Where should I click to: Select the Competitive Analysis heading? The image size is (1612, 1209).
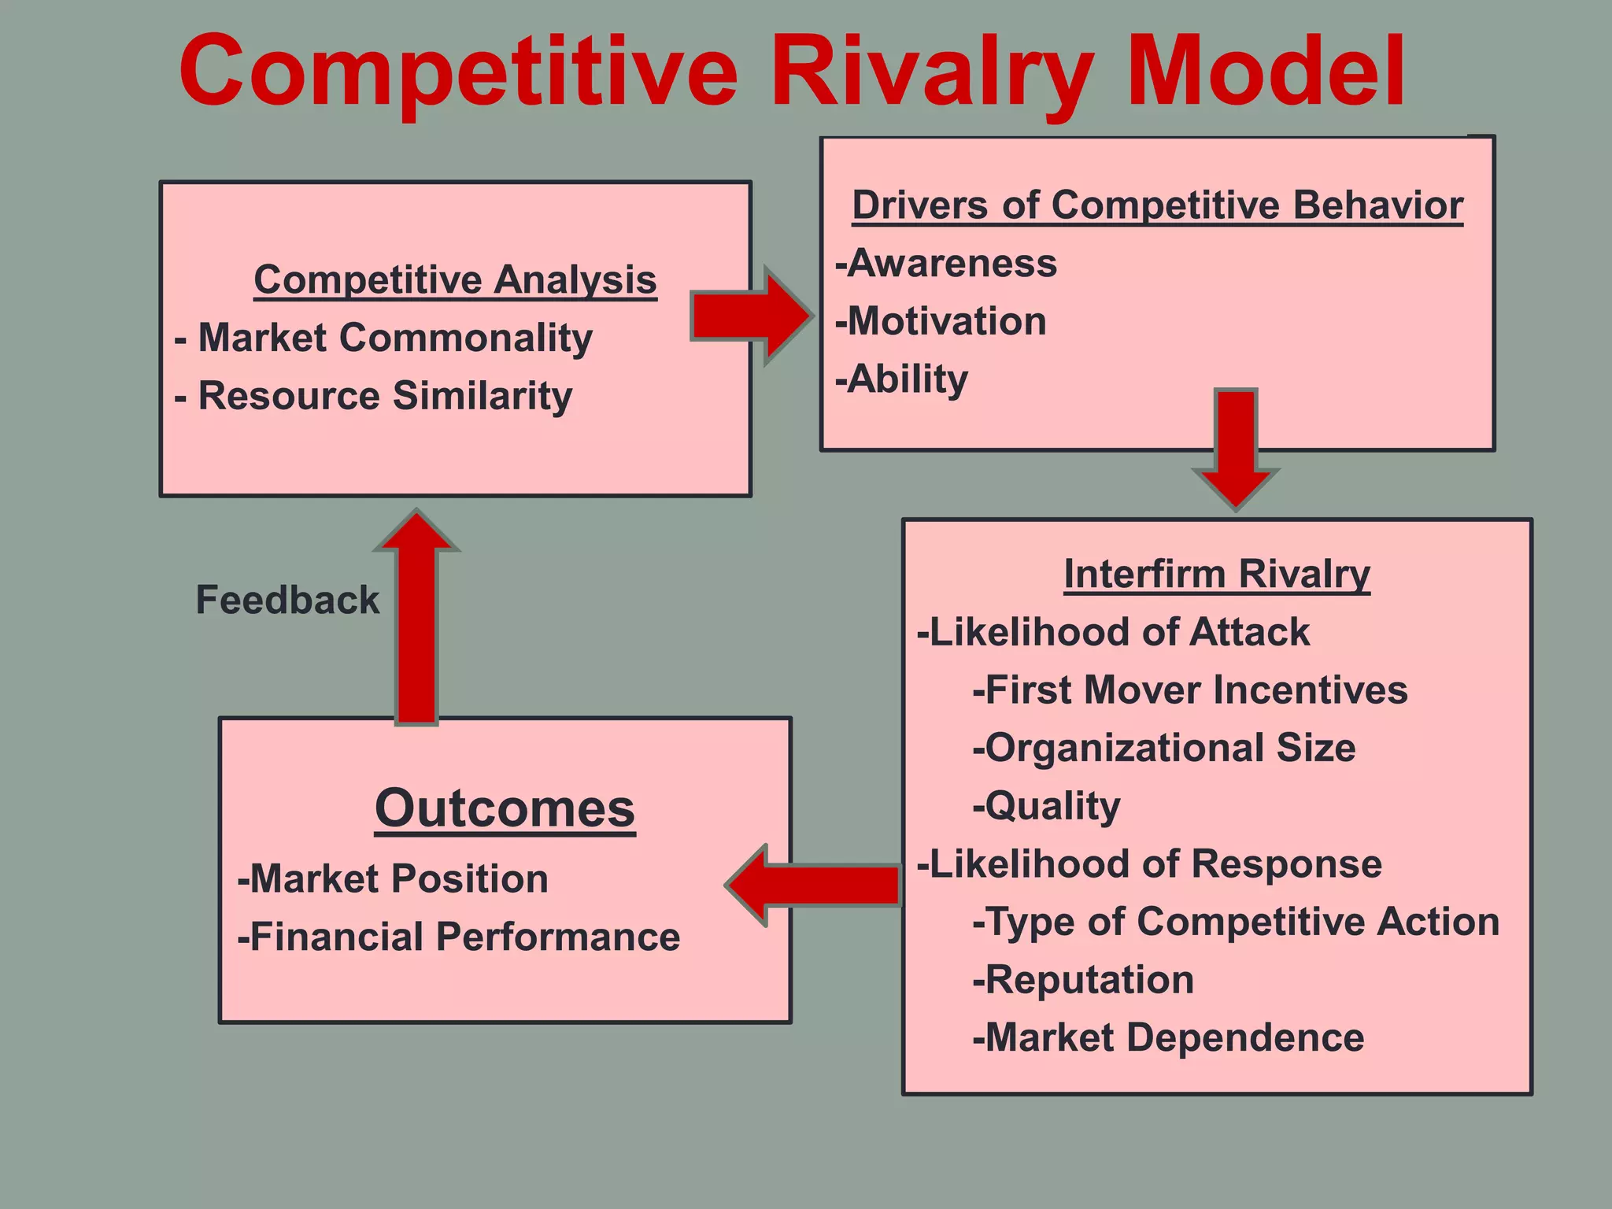[x=455, y=279]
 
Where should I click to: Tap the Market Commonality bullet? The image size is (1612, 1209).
[x=384, y=338]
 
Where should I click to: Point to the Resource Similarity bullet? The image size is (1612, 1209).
[x=374, y=395]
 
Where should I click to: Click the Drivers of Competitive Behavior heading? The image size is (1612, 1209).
[x=1157, y=205]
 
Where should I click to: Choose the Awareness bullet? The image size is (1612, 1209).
[x=946, y=263]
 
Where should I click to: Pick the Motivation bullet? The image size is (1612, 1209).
[x=941, y=321]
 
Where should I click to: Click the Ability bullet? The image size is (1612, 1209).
[x=902, y=379]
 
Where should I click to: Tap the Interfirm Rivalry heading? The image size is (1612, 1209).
[x=1216, y=574]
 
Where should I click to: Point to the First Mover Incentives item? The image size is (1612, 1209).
[x=1190, y=690]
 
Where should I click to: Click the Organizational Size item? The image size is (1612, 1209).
[x=1164, y=748]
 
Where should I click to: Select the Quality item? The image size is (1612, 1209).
[x=1047, y=806]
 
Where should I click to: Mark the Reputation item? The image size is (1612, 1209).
[x=1084, y=980]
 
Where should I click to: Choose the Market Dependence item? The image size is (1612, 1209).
[x=1168, y=1037]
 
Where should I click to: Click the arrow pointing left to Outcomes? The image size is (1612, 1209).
[x=815, y=885]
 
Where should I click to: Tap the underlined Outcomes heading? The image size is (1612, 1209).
[x=505, y=808]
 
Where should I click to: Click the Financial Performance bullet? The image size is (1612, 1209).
[x=459, y=937]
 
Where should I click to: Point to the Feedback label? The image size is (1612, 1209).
[x=287, y=600]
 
